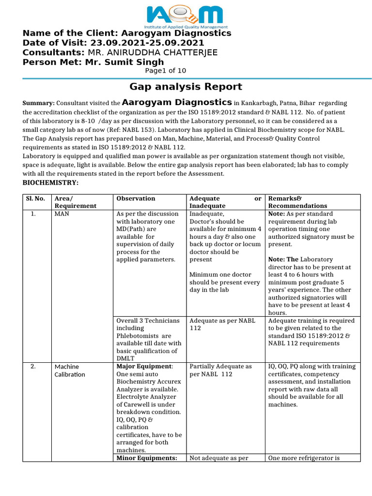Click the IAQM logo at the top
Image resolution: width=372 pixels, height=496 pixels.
(186, 15)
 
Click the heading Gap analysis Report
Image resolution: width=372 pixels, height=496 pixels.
(186, 87)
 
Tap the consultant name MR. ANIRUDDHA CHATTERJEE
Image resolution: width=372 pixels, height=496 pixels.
(152, 52)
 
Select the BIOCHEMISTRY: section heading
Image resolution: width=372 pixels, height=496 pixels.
(51, 183)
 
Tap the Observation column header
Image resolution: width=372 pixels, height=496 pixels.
(136, 199)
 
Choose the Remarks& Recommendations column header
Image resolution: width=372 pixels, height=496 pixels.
(297, 202)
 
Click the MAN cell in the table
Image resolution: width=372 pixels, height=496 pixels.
(62, 214)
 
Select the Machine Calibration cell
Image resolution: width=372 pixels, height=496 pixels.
(70, 371)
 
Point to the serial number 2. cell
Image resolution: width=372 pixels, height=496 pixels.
(33, 367)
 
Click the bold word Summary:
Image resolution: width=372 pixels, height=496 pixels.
(39, 104)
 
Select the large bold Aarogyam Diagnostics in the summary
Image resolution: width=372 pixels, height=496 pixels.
(177, 103)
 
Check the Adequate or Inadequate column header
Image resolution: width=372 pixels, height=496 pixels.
(225, 202)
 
